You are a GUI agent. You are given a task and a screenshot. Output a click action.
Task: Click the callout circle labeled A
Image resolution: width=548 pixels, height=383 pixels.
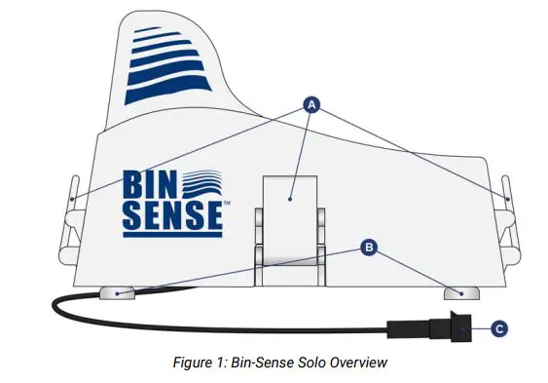[311, 104]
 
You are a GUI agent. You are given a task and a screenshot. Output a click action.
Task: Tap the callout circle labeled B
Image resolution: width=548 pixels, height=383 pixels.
[368, 248]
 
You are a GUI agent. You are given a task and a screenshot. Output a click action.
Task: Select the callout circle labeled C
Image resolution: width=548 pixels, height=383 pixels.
[497, 329]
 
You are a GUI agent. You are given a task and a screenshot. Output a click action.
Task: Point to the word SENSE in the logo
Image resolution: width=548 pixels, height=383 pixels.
[171, 217]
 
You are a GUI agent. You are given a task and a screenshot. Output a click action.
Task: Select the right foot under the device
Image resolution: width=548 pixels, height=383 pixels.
[457, 291]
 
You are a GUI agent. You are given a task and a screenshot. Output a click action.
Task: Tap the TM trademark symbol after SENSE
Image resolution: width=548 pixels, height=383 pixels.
[226, 204]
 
